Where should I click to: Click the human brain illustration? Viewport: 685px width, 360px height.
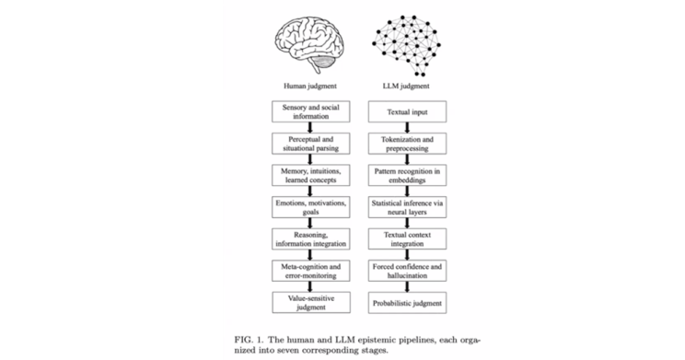(x=309, y=46)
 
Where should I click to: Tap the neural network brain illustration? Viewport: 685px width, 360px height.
(x=406, y=46)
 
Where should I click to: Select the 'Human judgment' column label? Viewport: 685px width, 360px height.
(x=310, y=86)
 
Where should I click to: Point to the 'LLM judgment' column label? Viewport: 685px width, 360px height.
(x=406, y=86)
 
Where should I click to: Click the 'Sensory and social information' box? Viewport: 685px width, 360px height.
(x=310, y=111)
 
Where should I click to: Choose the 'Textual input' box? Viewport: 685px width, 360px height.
(x=407, y=111)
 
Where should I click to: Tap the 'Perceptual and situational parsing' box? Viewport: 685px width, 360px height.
(x=310, y=144)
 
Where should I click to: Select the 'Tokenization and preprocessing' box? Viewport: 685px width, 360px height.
(x=407, y=144)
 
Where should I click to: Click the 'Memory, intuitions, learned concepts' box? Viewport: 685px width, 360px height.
(x=310, y=176)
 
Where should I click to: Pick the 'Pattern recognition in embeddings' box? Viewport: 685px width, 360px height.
(x=407, y=176)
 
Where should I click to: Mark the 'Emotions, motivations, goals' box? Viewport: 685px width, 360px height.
(x=310, y=207)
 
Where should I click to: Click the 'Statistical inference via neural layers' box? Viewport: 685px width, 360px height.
(x=407, y=207)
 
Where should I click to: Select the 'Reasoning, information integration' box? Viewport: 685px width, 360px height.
(x=310, y=239)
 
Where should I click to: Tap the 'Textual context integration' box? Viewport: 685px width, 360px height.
(x=407, y=239)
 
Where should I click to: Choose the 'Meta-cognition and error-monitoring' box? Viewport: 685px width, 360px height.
(x=310, y=271)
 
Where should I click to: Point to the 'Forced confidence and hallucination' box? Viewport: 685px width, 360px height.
(x=407, y=271)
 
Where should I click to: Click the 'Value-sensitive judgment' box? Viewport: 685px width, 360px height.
(x=311, y=303)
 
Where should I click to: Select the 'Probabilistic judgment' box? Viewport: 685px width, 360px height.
(x=407, y=303)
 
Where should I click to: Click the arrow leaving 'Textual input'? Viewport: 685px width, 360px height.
(x=407, y=128)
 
